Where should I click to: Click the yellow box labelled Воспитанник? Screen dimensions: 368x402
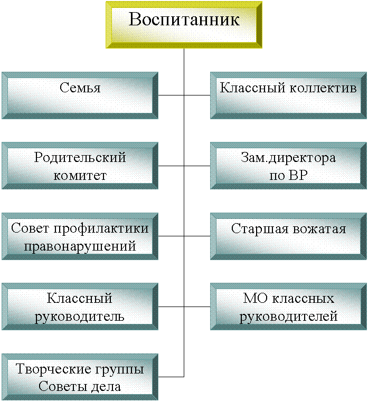(x=184, y=25)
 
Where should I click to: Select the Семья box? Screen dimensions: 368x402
(x=80, y=95)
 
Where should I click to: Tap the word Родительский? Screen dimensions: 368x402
(x=80, y=157)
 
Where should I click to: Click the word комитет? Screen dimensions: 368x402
(x=80, y=176)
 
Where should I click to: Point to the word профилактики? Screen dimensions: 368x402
(x=101, y=228)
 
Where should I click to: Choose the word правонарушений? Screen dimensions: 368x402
(x=80, y=246)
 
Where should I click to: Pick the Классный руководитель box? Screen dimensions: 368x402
(x=80, y=307)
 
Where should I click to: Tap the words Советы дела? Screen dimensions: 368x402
(x=80, y=387)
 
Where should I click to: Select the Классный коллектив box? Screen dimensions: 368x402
(x=288, y=95)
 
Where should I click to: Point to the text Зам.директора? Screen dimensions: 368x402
(x=288, y=158)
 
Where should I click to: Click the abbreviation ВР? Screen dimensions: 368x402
(x=298, y=175)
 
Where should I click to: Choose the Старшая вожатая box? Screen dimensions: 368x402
(x=288, y=236)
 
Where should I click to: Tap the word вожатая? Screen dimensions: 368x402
(x=319, y=228)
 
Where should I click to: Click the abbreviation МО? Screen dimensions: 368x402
(x=256, y=299)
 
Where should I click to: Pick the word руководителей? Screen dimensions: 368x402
(x=288, y=317)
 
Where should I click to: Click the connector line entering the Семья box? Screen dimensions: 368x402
(x=171, y=95)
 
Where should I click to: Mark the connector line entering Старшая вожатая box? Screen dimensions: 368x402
(x=197, y=236)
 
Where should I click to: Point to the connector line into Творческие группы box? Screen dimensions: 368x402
(x=171, y=377)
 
